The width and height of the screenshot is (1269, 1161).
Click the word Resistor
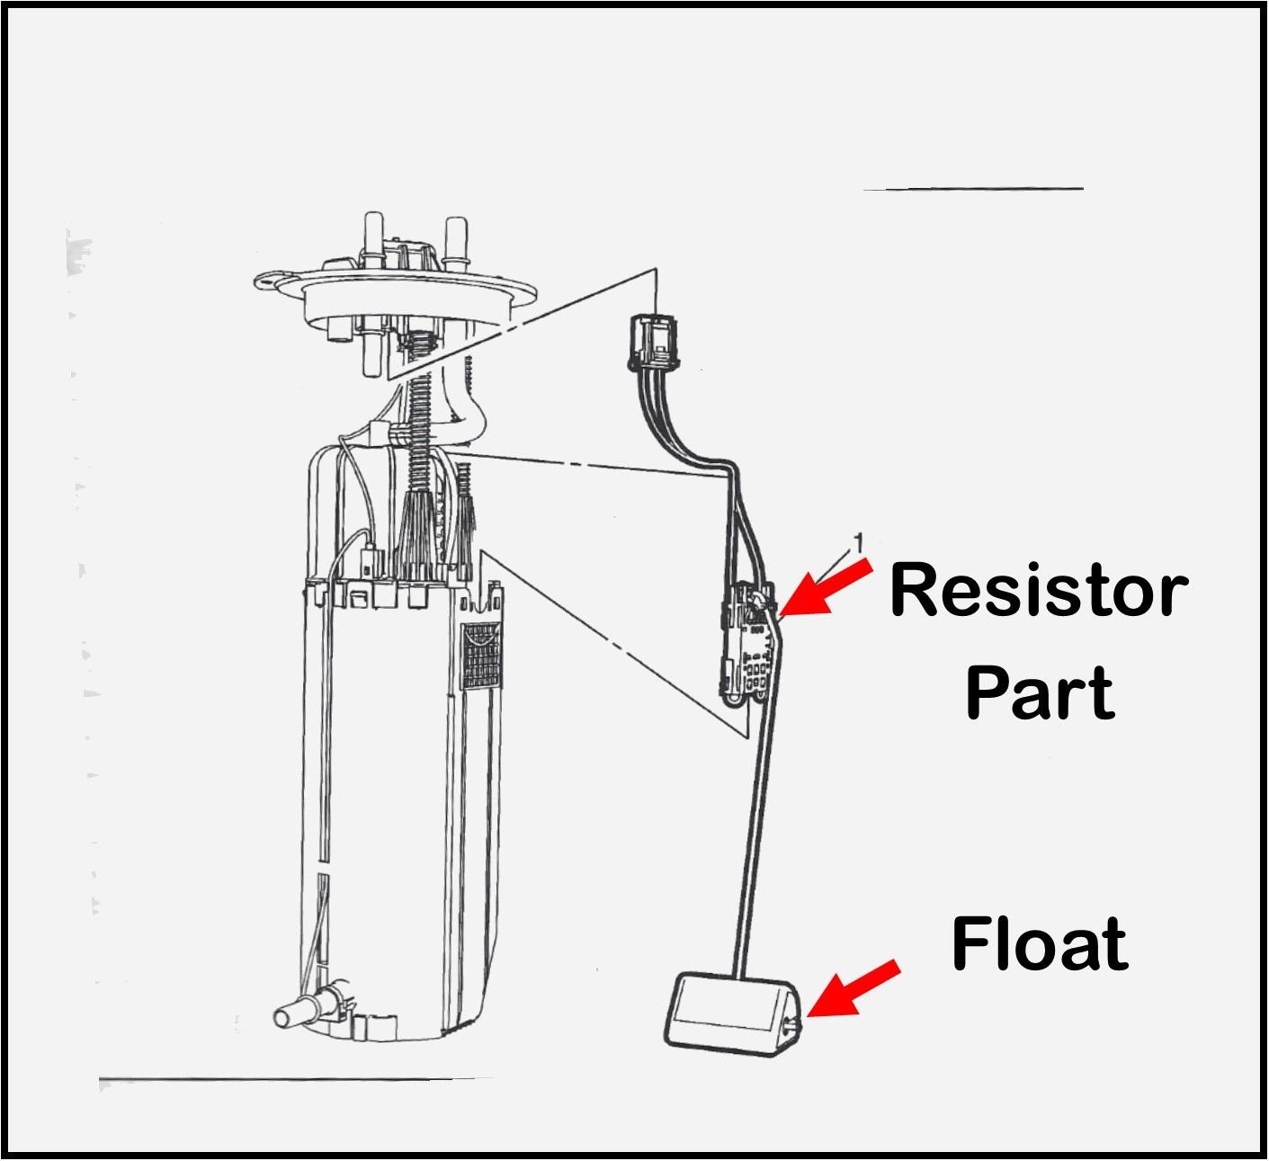tap(1039, 591)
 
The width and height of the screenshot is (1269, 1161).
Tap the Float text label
tap(1040, 943)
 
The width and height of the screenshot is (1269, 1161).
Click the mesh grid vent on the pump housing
tap(481, 656)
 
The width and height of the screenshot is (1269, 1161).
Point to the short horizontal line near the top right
tap(972, 189)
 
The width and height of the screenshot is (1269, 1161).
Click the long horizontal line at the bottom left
tap(297, 1077)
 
